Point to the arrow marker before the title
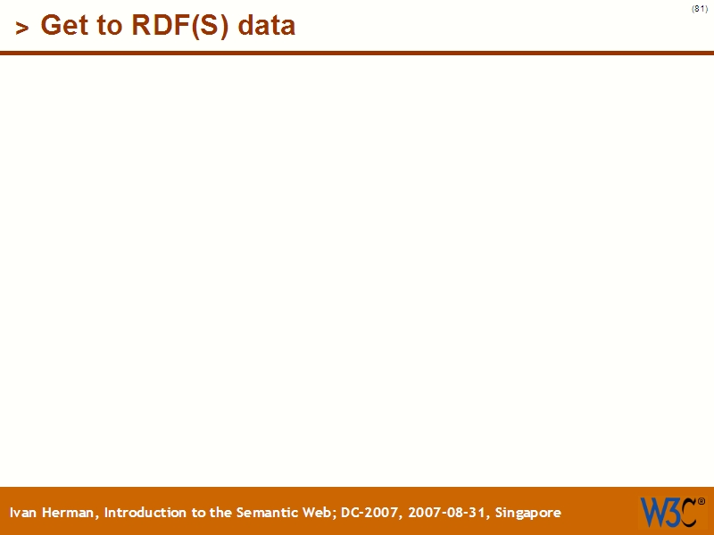22,28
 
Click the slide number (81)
700,9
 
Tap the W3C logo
668,511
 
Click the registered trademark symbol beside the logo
701,501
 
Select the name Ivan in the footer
24,513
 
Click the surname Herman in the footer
71,513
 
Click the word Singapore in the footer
528,513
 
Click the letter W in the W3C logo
652,511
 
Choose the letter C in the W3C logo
686,511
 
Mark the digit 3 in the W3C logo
671,511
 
